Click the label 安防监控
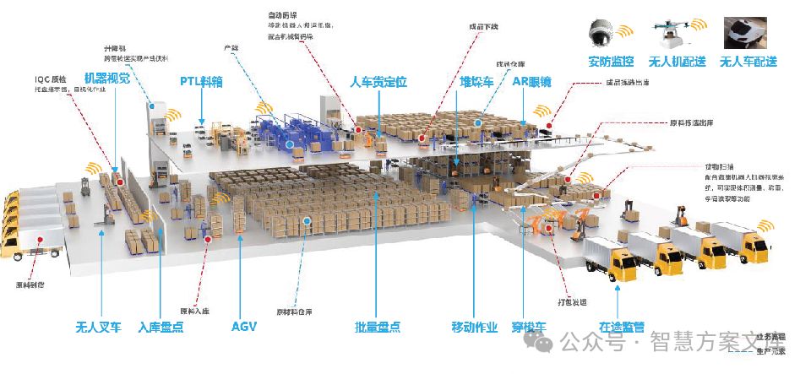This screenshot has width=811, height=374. [x=612, y=61]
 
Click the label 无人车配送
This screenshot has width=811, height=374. [x=748, y=61]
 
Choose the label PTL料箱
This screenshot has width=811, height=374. [x=201, y=82]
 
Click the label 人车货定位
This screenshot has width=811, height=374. [x=378, y=82]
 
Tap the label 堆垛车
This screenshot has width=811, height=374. [x=476, y=82]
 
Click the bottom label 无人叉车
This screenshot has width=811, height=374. [x=99, y=327]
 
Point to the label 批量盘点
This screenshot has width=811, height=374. [x=377, y=327]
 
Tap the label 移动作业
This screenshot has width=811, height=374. [x=475, y=327]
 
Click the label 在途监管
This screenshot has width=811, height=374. [x=622, y=327]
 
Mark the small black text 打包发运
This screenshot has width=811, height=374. [x=572, y=300]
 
